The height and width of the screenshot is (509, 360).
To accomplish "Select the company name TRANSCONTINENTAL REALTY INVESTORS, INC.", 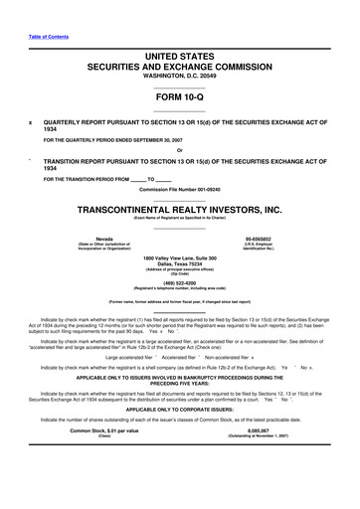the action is [x=179, y=210].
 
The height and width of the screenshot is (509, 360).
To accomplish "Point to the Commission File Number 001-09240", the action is [x=179, y=188].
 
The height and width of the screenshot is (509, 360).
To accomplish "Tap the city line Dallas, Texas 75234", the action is [x=179, y=264].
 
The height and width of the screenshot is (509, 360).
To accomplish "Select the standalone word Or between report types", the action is [x=179, y=151].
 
